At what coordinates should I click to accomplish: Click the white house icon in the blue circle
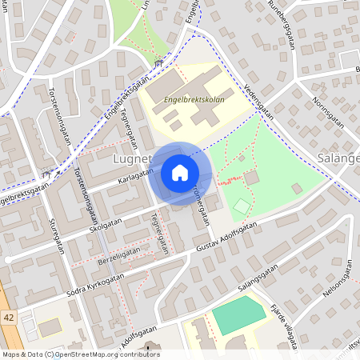click(179, 173)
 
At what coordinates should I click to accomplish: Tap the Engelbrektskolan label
click(194, 101)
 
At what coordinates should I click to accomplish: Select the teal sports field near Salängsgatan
click(239, 314)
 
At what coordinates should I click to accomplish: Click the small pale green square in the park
click(241, 206)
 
